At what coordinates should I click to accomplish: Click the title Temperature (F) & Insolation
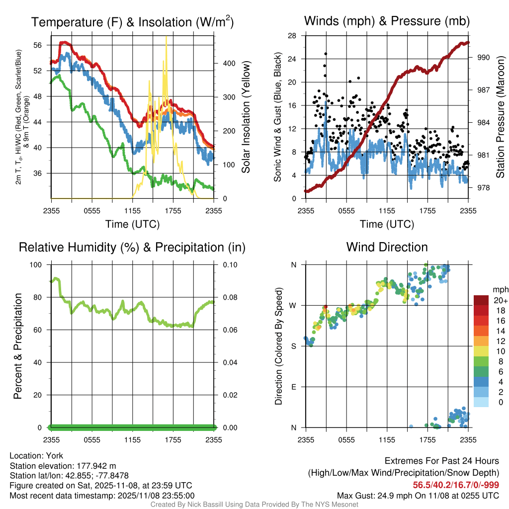132,22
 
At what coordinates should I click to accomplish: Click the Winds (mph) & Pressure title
387,21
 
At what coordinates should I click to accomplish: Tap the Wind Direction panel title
387,247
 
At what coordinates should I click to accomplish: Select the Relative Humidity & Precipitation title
132,247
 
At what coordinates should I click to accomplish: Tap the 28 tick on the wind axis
293,36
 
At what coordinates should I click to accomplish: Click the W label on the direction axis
293,306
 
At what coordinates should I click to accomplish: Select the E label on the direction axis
293,387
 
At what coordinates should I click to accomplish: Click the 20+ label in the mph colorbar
499,301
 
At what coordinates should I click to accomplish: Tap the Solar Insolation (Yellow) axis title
246,117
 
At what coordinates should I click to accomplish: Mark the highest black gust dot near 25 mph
326,54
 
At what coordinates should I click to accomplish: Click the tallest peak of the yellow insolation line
166,38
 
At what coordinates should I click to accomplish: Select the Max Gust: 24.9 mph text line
418,495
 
